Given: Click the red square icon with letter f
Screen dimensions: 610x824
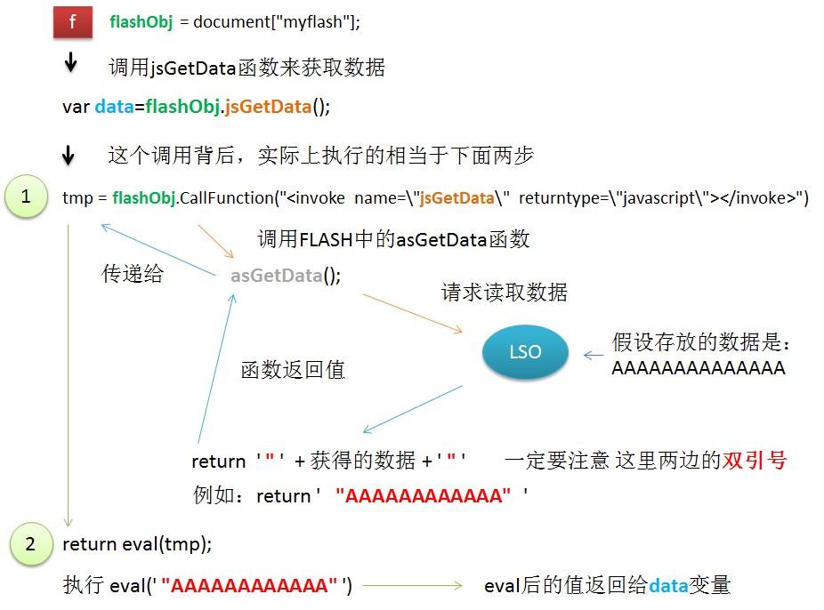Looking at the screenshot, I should [73, 22].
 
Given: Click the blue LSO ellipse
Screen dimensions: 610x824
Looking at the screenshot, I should [525, 352].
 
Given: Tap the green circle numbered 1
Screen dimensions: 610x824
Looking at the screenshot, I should [25, 197].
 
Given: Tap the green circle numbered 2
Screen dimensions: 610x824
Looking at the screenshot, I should [30, 543].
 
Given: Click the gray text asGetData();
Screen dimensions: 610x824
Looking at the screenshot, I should [285, 276].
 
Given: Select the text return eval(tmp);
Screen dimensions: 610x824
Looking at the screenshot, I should [137, 543].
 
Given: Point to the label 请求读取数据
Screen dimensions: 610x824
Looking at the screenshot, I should [504, 293].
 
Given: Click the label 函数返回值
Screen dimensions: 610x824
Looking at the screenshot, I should [293, 370].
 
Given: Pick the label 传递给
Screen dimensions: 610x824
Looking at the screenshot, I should [133, 274].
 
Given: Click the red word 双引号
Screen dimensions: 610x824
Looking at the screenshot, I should [755, 461].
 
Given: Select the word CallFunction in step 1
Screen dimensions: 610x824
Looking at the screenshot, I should [224, 198].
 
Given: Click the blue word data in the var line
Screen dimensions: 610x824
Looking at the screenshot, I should [113, 107].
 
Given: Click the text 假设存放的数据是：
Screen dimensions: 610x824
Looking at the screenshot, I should [701, 342].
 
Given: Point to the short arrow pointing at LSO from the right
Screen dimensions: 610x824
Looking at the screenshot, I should [593, 355].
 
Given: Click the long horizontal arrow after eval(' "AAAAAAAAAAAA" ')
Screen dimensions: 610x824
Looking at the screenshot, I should [413, 586].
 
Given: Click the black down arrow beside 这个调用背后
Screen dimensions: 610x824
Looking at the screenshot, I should [69, 157].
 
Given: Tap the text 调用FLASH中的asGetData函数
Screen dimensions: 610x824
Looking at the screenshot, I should [393, 239].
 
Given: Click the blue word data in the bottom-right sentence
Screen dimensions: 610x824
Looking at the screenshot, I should [668, 586].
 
